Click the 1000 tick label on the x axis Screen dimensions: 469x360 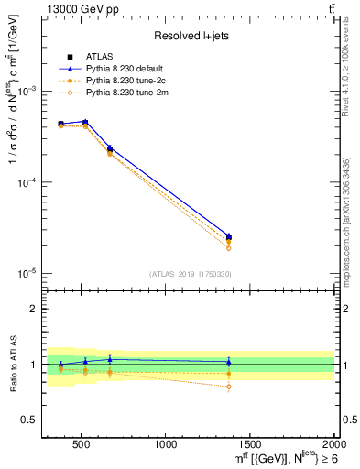pyautogui.click(x=166, y=445)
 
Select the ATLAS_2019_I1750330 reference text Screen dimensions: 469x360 pyautogui.click(x=190, y=274)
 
